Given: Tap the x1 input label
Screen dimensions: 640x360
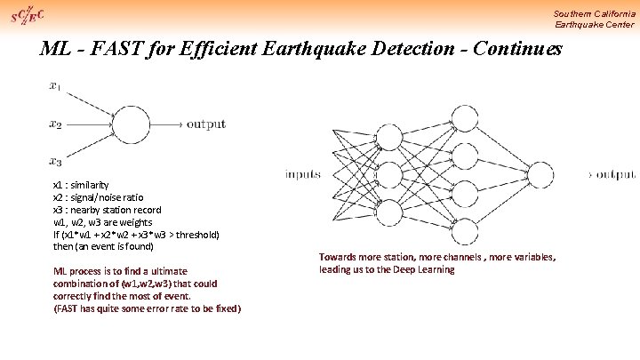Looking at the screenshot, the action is click(55, 86).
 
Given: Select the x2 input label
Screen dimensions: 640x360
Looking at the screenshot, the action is click(55, 125).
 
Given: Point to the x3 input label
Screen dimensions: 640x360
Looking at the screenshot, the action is click(55, 162).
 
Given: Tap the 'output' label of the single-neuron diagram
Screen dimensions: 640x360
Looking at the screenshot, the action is click(205, 124).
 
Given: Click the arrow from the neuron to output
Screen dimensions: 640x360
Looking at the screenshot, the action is click(173, 124).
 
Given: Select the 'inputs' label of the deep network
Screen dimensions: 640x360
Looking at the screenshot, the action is click(303, 174).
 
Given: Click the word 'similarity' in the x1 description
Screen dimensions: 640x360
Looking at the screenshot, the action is click(92, 185).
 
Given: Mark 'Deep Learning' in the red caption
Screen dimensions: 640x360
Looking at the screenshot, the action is click(423, 269).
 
